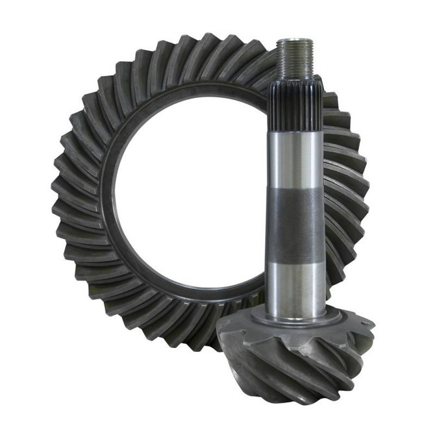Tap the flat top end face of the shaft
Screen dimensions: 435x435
(297, 41)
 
